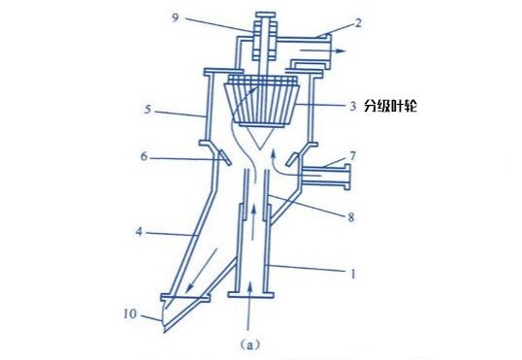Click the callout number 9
(x=176, y=17)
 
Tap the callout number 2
(x=358, y=23)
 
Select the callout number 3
(x=353, y=106)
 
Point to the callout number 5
(x=147, y=110)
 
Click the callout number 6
(x=144, y=156)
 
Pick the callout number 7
(x=353, y=156)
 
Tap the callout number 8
(x=351, y=217)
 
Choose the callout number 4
(x=139, y=232)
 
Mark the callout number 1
(x=353, y=274)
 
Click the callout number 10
(x=130, y=313)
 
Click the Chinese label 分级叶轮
(x=390, y=106)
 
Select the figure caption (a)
(x=249, y=344)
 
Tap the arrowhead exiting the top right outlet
(x=341, y=50)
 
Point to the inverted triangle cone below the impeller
(x=261, y=138)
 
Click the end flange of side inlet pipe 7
(x=347, y=177)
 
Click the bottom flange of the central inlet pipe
(x=250, y=295)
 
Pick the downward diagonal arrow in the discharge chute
(x=202, y=271)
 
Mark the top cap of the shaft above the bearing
(x=265, y=15)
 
